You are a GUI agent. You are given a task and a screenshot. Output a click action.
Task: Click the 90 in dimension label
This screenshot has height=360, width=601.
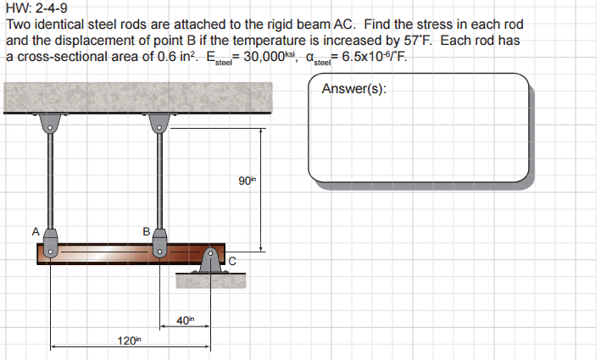247,181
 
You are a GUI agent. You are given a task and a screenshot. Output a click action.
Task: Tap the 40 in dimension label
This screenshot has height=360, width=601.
185,318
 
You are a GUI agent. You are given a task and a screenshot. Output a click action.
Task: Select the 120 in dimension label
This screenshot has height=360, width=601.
128,340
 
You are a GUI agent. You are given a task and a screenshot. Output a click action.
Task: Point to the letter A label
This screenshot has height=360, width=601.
36,230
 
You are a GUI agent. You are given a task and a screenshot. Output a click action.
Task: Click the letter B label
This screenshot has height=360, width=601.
145,230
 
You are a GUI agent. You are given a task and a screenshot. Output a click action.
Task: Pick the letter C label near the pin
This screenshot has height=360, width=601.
231,260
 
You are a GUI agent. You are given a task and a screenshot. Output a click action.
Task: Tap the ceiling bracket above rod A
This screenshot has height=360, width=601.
51,125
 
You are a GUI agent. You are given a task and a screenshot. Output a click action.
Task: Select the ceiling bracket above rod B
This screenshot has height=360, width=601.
159,125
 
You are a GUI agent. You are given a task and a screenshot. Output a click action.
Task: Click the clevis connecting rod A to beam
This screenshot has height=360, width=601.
51,242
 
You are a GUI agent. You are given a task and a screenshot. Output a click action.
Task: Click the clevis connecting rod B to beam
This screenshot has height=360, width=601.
159,242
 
